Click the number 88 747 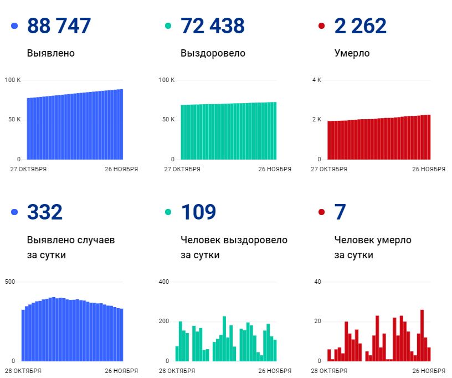tap(59, 26)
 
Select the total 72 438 tap(213, 26)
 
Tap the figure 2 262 tap(361, 26)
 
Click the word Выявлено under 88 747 tap(50, 54)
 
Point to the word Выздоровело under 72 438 tap(213, 54)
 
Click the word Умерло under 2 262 tap(352, 54)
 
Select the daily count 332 tap(45, 212)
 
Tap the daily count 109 tap(198, 212)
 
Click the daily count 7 tap(340, 212)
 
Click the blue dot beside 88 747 tap(14, 26)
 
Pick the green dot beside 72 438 tap(168, 26)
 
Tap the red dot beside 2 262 tap(322, 26)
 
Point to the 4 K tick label tap(316, 80)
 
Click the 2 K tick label tap(316, 120)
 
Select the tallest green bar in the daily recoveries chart tap(224, 339)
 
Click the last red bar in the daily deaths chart tap(429, 354)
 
